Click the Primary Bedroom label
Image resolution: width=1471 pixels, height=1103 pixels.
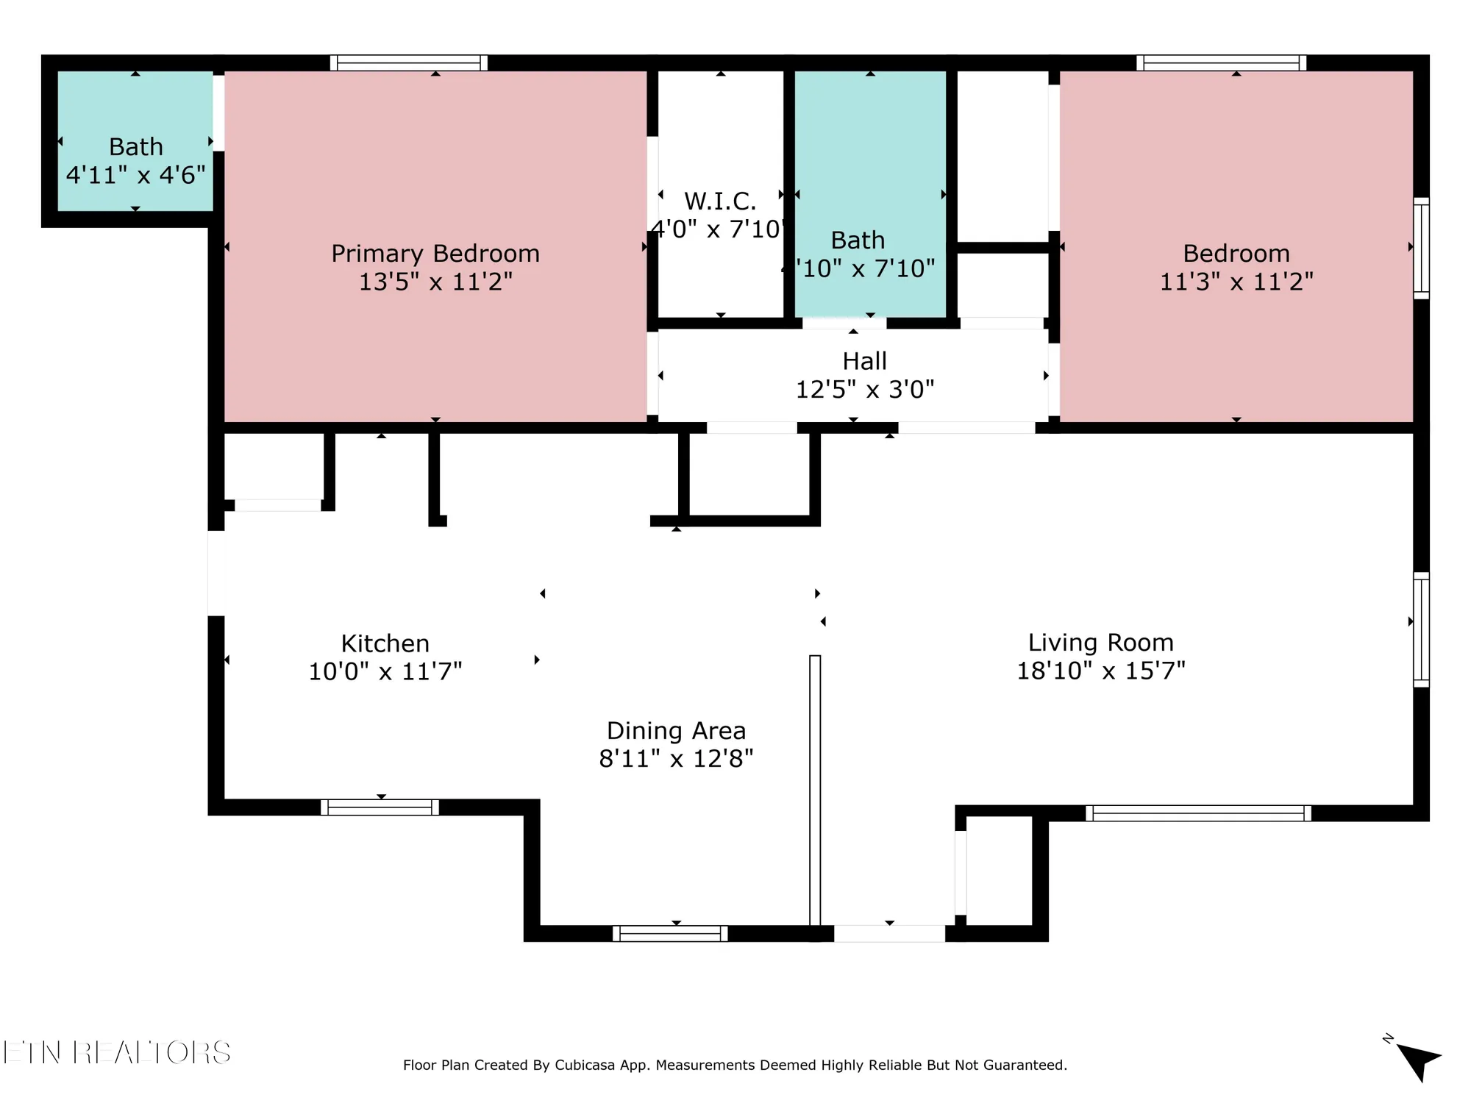point(435,254)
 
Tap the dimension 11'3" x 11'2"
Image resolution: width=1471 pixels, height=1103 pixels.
point(1236,282)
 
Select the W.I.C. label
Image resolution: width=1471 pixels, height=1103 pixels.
point(719,201)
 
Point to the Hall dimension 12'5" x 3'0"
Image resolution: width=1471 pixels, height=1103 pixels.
point(864,389)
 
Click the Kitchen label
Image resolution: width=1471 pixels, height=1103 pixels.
point(385,643)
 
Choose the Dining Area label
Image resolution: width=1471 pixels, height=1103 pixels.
point(676,730)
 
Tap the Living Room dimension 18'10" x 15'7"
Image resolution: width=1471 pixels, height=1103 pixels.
point(1100,671)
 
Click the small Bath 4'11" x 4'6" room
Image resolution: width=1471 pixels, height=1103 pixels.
point(135,140)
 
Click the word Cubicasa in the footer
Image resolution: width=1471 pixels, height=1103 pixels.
point(584,1065)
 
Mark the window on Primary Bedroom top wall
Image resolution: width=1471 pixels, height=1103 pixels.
point(408,63)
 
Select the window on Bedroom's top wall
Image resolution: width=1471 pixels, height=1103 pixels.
point(1221,63)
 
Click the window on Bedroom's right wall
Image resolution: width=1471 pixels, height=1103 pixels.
point(1421,248)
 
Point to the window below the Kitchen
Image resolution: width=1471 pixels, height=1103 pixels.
point(380,807)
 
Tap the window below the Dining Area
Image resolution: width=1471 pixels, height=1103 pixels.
point(670,934)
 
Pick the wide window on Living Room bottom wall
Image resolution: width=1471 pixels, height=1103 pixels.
point(1198,813)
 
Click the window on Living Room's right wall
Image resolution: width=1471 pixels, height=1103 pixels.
point(1421,629)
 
